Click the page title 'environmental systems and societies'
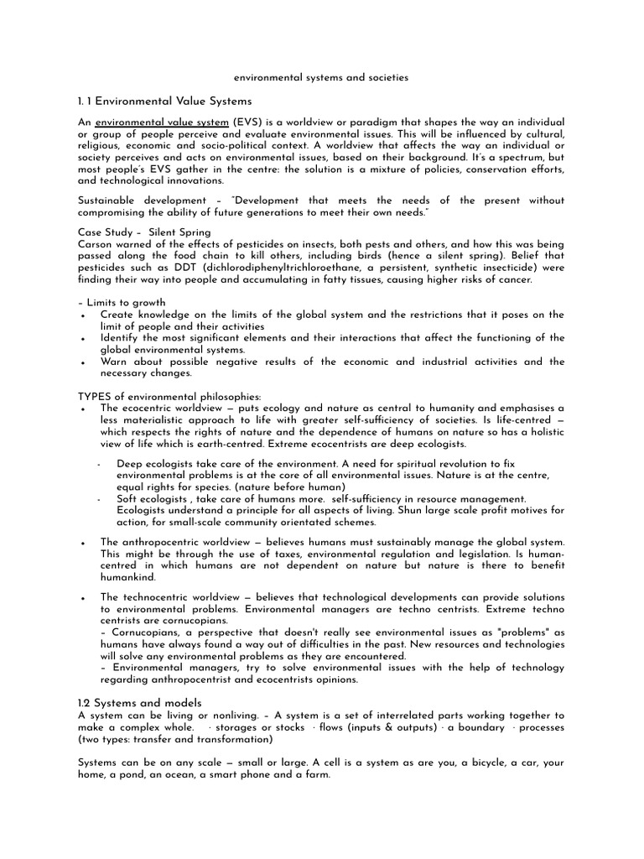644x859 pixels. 321,77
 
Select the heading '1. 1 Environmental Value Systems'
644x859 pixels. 164,101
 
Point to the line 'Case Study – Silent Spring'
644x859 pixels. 144,232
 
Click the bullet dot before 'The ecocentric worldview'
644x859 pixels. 82,409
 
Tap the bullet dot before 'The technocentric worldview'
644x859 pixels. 82,596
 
